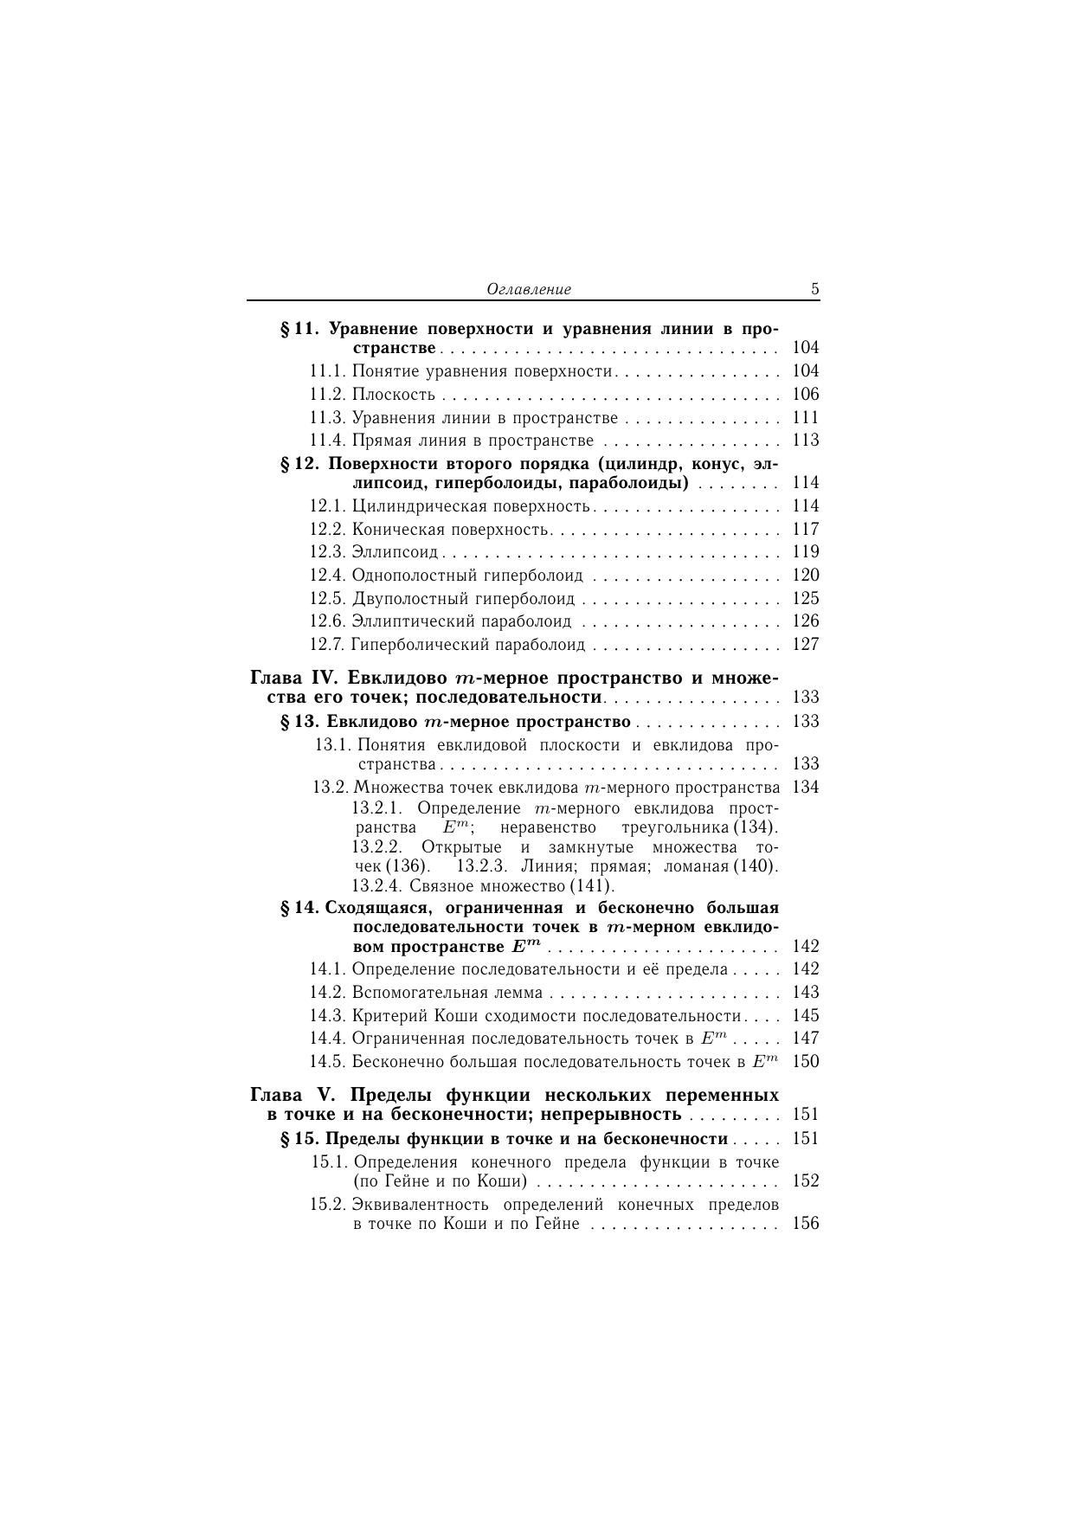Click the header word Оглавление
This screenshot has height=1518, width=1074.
tap(529, 289)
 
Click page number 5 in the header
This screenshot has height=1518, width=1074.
tap(814, 289)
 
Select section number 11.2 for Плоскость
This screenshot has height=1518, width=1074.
tap(328, 395)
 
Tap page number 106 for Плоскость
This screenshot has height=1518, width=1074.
tap(805, 395)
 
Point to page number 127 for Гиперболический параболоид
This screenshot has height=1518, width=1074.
tap(805, 645)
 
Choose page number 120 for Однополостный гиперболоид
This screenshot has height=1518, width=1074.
tap(805, 576)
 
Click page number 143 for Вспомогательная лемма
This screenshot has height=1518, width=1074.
tap(805, 993)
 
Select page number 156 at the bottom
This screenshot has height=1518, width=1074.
tap(805, 1224)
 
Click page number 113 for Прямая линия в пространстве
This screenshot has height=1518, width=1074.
tap(805, 441)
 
